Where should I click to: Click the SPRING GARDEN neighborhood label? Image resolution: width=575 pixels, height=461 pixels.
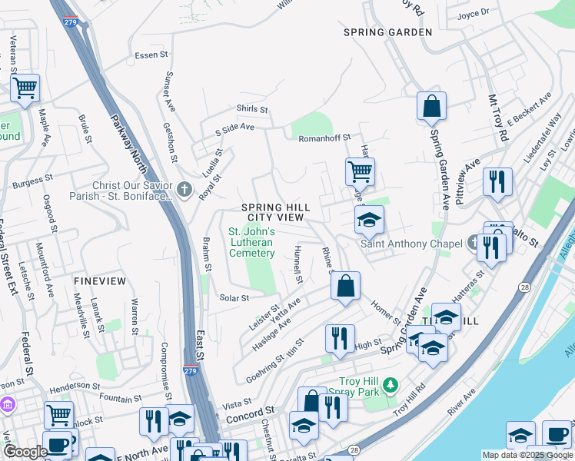pos(387,32)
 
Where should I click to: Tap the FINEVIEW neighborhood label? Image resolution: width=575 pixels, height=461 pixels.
pos(100,281)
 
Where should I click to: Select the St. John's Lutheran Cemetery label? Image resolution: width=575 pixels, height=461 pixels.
pos(251,243)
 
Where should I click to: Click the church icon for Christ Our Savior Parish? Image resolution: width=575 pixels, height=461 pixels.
pos(184,189)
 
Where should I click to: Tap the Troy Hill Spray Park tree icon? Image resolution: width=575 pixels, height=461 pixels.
pos(391,383)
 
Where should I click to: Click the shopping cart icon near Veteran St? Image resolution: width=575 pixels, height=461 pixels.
pos(25,88)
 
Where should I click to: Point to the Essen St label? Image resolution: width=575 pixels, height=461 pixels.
pos(151,55)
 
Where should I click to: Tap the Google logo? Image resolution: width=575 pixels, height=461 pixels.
pos(25,452)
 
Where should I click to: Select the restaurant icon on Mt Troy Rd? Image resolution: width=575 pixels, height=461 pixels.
pos(497,181)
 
